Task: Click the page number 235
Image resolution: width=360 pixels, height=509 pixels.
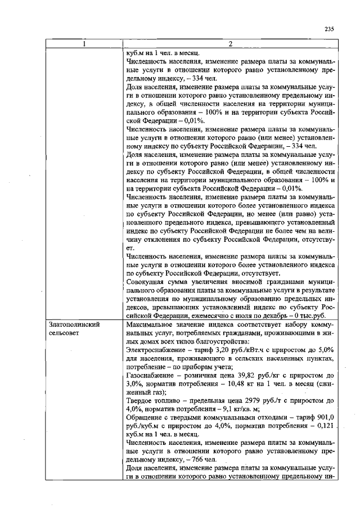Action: (x=329, y=30)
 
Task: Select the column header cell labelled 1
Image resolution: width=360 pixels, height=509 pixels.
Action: (x=83, y=44)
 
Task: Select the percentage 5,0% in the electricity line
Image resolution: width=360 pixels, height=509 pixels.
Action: (x=327, y=349)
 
